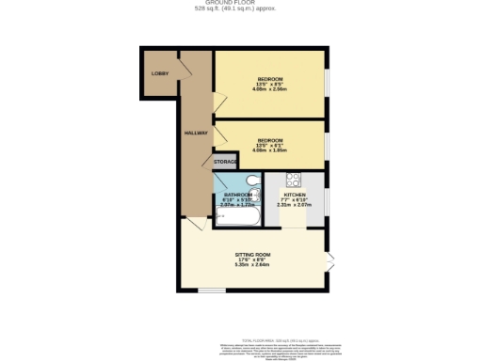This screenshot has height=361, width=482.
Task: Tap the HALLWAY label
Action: coord(195,133)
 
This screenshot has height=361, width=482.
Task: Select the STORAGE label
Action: coord(225,162)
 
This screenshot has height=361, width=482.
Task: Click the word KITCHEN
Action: coord(295,195)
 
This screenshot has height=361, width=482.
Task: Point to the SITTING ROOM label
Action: coord(252,254)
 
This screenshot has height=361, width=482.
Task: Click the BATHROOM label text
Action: coord(237,195)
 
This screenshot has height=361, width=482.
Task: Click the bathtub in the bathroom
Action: coord(235,216)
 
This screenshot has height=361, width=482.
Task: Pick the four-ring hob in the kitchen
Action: coord(293,179)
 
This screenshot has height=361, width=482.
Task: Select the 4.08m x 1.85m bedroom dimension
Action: coord(270,149)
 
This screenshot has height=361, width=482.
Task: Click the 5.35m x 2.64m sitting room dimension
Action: coord(252,265)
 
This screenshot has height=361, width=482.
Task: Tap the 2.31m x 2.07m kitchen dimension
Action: coord(295,205)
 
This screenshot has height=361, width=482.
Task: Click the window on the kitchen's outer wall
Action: coord(327,198)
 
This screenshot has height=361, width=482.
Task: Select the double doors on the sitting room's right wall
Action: coord(329,261)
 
